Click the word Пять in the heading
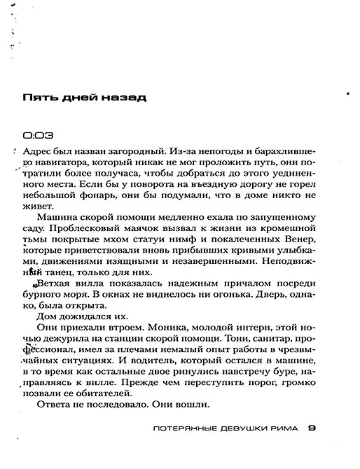pyautogui.click(x=39, y=98)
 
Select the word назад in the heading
pyautogui.click(x=123, y=98)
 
